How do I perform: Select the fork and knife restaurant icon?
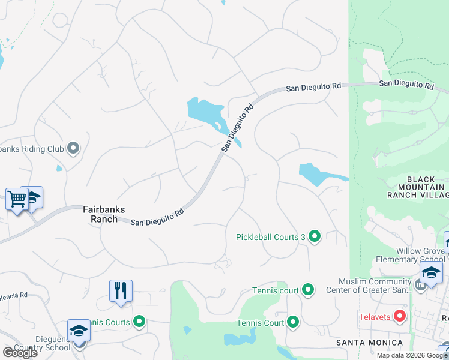tap(121, 291)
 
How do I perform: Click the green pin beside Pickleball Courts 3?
tap(315, 237)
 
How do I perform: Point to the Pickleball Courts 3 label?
tap(271, 237)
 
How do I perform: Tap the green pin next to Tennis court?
tap(308, 290)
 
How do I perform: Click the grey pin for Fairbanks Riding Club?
tap(74, 148)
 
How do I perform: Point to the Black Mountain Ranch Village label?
tap(427, 187)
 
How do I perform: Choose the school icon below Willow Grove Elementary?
tap(431, 272)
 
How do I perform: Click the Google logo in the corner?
tap(20, 353)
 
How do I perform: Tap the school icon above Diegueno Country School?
tap(78, 330)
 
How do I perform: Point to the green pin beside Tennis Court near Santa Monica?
tap(293, 323)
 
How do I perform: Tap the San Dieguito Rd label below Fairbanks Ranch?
tap(157, 217)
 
